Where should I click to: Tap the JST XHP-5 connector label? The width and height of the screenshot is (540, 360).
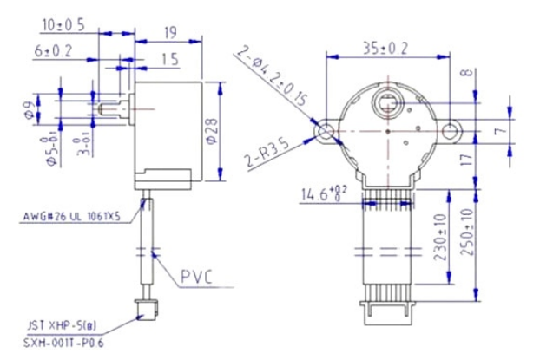coord(55,324)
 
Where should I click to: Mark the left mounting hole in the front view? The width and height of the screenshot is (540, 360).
coord(326,132)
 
